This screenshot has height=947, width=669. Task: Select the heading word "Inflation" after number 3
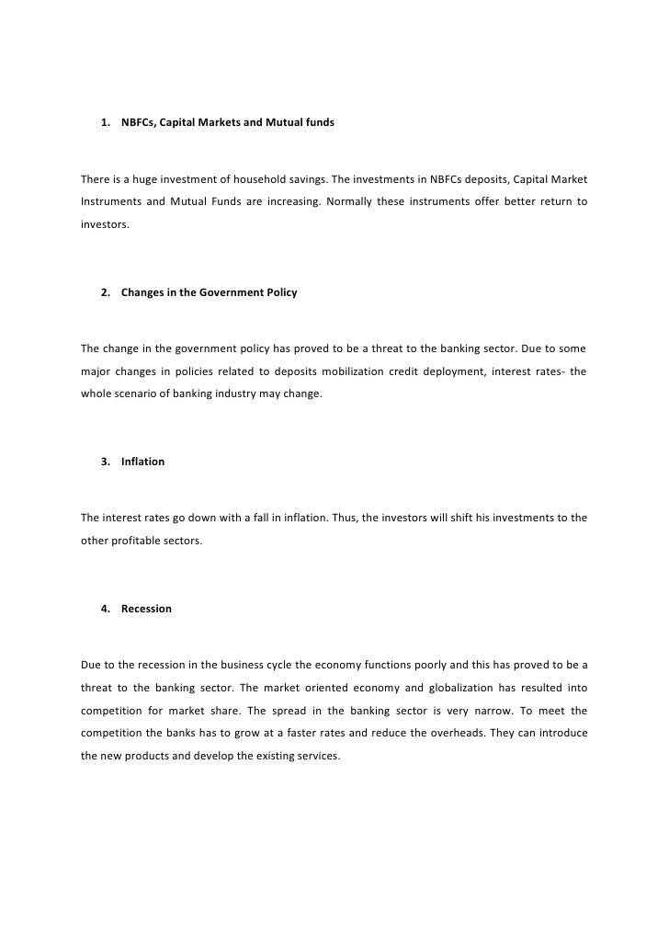click(142, 462)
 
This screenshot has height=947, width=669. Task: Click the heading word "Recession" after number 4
click(146, 609)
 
